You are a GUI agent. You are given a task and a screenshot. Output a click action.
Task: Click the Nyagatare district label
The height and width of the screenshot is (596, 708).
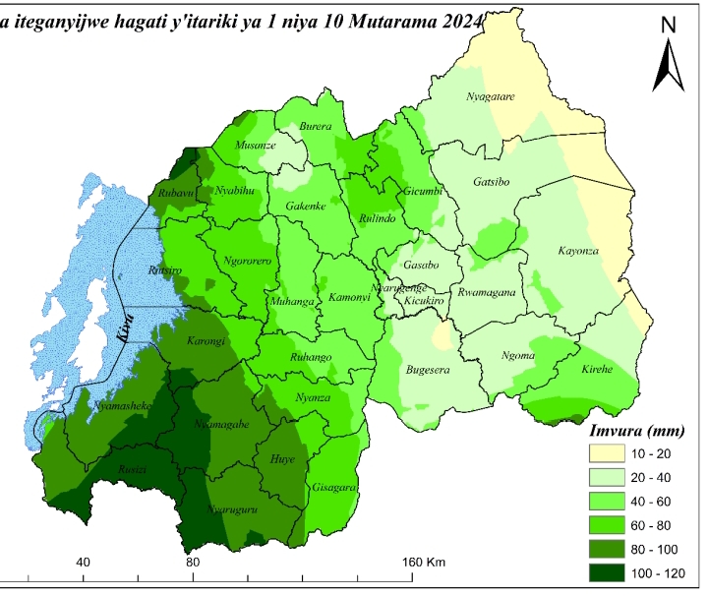point(491,95)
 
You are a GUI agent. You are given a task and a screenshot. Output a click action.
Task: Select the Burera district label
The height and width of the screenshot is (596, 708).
point(315,127)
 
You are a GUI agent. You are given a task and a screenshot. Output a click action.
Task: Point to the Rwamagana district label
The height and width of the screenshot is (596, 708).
point(490,294)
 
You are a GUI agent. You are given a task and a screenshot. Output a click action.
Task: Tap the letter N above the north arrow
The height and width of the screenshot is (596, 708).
point(668,25)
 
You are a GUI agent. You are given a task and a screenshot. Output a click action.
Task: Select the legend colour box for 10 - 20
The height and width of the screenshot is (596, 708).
point(612,453)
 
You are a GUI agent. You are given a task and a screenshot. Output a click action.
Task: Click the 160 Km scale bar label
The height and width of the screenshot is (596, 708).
point(424,562)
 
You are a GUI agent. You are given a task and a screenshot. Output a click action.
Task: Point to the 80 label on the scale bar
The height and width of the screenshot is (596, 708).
point(193,562)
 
